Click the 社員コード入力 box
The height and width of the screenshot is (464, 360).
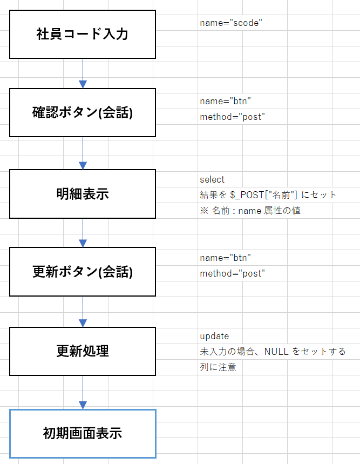83,34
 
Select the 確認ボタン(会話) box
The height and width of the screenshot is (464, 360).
83,113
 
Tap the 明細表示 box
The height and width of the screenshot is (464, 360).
83,193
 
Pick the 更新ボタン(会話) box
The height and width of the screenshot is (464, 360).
83,272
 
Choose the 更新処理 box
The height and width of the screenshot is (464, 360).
83,351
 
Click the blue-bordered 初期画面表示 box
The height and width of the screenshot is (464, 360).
83,433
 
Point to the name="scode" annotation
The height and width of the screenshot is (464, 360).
230,23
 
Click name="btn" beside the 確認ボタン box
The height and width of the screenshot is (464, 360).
225,101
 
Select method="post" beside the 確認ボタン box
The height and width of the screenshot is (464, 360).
232,117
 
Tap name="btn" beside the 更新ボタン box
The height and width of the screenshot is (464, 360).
225,258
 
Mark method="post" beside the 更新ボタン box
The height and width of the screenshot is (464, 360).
232,273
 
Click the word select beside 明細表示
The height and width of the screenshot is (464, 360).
212,179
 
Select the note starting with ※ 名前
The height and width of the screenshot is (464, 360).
250,211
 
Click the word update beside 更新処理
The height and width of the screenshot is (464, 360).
214,336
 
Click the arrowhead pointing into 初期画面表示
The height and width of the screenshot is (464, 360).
83,405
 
